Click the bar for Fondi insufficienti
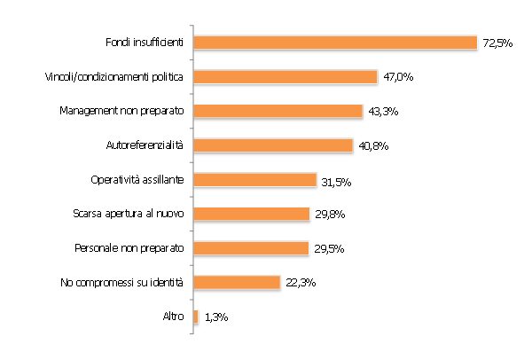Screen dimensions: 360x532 click(x=335, y=42)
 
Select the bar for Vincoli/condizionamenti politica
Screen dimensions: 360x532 click(x=286, y=76)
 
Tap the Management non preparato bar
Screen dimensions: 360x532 click(x=278, y=111)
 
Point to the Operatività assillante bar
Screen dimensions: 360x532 click(x=254, y=179)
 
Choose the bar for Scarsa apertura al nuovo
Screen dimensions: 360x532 click(x=251, y=214)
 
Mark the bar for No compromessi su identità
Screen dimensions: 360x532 click(x=236, y=283)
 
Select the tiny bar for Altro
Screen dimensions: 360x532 click(x=195, y=317)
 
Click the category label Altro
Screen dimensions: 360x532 click(x=173, y=317)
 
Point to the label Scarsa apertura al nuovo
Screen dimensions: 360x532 click(x=128, y=214)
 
